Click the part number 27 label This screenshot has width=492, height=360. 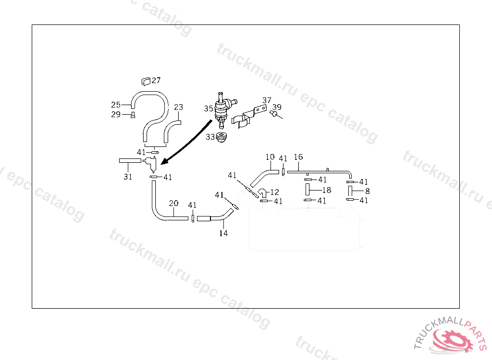pos(157,81)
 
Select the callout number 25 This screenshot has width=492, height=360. pos(116,105)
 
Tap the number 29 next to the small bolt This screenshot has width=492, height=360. pos(116,114)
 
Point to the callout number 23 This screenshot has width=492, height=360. pos(178,107)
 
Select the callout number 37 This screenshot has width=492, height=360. pos(267,100)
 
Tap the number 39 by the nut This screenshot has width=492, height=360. pos(277,107)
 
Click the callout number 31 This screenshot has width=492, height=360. pos(127,177)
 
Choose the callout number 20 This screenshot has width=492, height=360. pos(173,203)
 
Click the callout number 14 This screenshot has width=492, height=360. pos(223,233)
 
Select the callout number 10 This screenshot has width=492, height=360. pos(270,157)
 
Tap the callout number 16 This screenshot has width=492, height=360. pos(298,157)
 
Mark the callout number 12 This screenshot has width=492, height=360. pos(274,192)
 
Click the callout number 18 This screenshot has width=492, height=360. pos(326,190)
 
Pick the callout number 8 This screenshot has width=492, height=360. pos(367,191)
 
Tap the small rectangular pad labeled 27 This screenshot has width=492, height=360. pos(146,81)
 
